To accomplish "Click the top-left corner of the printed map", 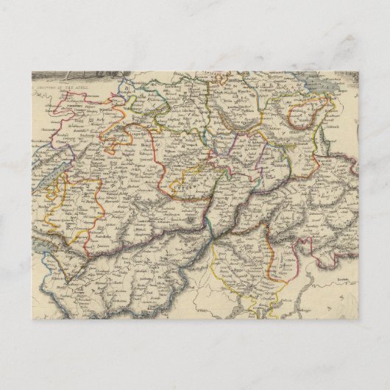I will pos(32,71).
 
